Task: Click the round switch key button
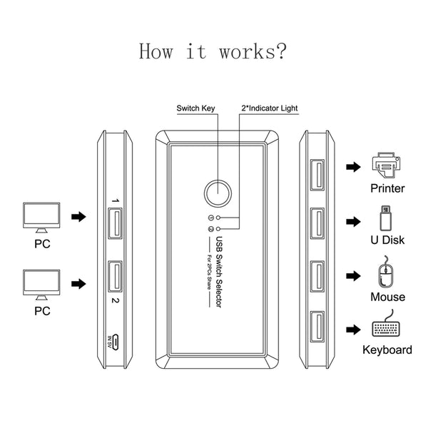click(218, 193)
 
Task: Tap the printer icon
click(386, 165)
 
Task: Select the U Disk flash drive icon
click(386, 218)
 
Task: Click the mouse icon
click(386, 272)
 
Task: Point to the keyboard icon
click(386, 324)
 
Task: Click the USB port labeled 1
click(115, 223)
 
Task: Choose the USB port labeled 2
click(115, 277)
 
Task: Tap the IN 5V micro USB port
click(116, 342)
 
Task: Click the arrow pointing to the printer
click(354, 167)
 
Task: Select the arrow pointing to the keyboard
click(354, 330)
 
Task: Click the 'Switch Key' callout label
click(195, 108)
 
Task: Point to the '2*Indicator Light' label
click(270, 108)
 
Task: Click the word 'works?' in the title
click(253, 51)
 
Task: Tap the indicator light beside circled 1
click(218, 218)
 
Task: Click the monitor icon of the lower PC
click(41, 285)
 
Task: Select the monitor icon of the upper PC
click(41, 218)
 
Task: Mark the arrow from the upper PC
click(78, 217)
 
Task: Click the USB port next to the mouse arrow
click(317, 276)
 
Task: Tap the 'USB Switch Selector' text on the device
click(219, 272)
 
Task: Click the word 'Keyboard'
click(387, 350)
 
